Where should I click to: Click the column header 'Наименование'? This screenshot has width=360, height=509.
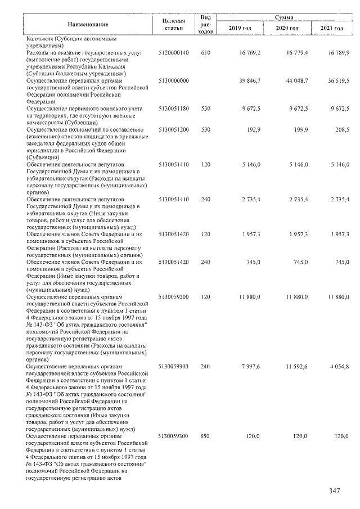click(88, 24)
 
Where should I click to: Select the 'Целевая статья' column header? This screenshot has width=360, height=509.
click(173, 24)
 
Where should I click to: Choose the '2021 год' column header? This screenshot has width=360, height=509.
click(331, 28)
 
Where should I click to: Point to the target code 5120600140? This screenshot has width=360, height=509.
click(174, 52)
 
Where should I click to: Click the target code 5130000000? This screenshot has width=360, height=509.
click(174, 80)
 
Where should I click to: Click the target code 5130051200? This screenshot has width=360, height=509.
click(174, 129)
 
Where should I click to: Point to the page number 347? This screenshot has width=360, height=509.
click(335, 491)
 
